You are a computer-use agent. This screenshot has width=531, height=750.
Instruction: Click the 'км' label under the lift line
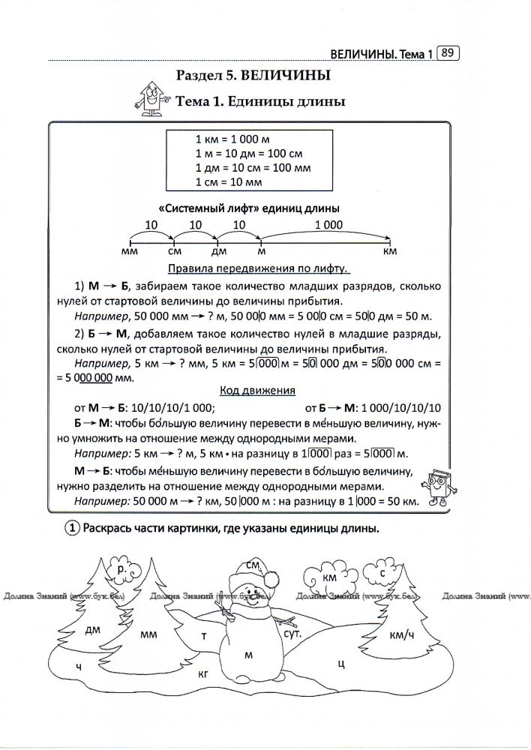click(389, 253)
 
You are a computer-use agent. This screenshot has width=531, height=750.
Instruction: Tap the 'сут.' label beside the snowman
click(293, 634)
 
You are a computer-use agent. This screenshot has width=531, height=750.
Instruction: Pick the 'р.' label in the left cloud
click(121, 571)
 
